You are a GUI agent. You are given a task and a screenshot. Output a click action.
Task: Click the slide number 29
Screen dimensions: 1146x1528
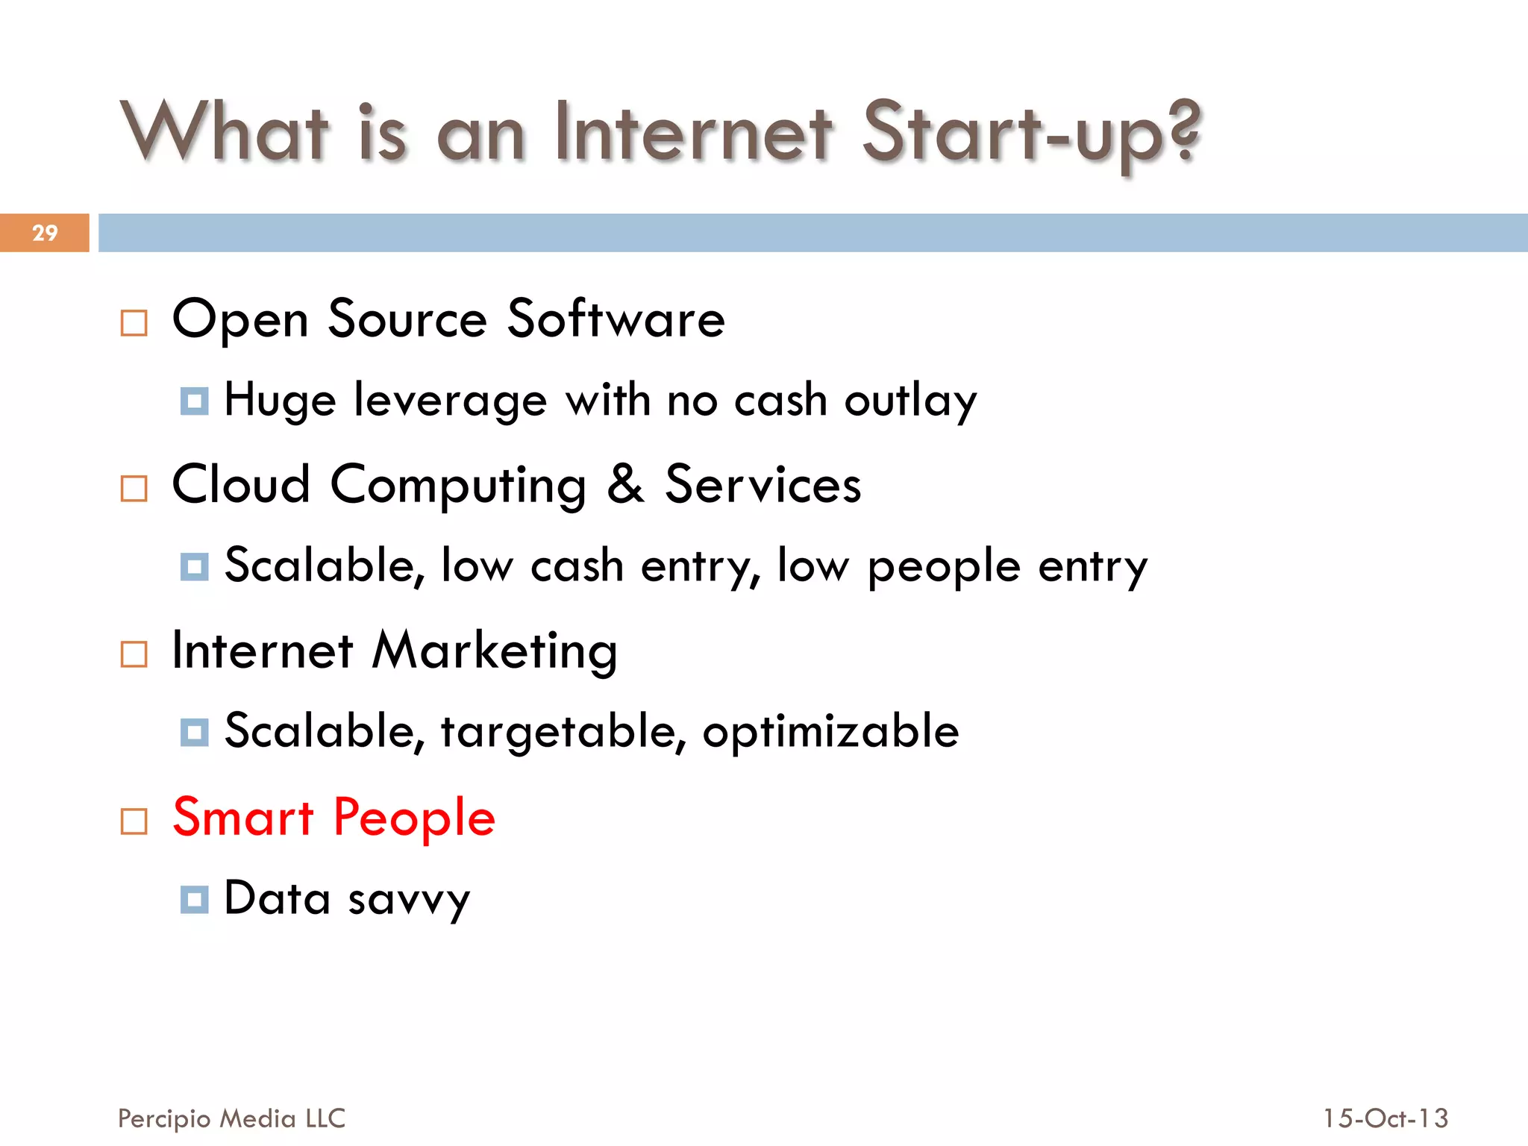pyautogui.click(x=45, y=233)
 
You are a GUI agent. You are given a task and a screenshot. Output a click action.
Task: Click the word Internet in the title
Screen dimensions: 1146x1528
pyautogui.click(x=694, y=133)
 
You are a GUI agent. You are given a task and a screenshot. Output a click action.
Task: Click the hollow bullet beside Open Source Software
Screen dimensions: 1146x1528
pyautogui.click(x=134, y=323)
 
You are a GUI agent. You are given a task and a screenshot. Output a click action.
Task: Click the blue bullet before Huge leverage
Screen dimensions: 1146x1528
pyautogui.click(x=195, y=401)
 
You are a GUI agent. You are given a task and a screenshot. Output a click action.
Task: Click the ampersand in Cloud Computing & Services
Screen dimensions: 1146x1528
pyautogui.click(x=625, y=484)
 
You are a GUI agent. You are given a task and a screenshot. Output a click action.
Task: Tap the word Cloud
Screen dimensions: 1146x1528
pyautogui.click(x=241, y=484)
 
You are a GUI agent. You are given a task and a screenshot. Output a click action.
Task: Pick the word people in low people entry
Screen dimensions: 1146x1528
pyautogui.click(x=944, y=567)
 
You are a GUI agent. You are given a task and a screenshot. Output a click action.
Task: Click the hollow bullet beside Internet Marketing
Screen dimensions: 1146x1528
pyautogui.click(x=134, y=654)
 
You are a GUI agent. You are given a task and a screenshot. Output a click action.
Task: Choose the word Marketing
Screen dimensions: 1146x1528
pyautogui.click(x=495, y=651)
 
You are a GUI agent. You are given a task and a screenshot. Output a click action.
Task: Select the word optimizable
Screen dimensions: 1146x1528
pyautogui.click(x=830, y=732)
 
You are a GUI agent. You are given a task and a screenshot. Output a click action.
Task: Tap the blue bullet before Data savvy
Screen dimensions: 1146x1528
pyautogui.click(x=195, y=899)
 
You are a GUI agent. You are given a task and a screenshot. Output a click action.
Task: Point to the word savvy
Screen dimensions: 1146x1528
pyautogui.click(x=409, y=900)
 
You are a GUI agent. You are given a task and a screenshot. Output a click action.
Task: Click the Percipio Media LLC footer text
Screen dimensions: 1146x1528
pyautogui.click(x=231, y=1118)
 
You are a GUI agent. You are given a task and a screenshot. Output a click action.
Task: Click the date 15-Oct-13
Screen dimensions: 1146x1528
pyautogui.click(x=1385, y=1118)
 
